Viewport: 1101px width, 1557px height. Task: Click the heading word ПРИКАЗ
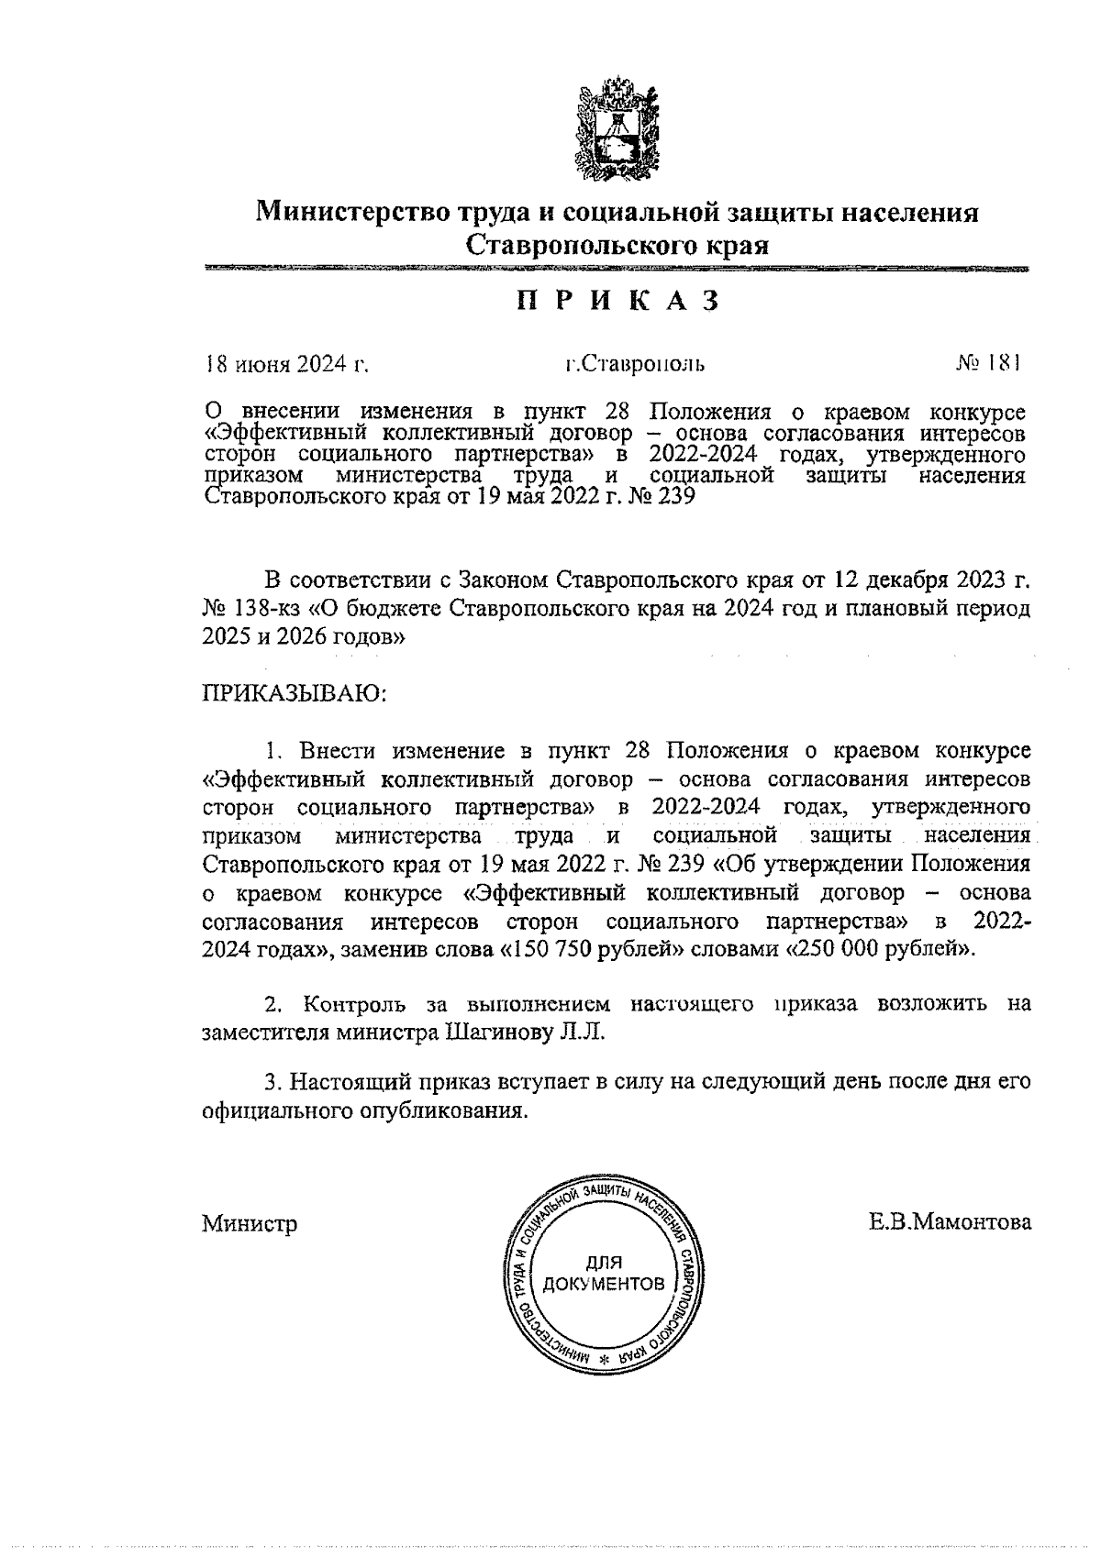(616, 301)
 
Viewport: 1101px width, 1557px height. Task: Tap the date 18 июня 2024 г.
(285, 364)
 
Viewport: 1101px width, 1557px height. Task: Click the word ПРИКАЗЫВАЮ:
(295, 693)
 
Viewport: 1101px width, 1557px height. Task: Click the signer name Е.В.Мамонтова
(951, 1222)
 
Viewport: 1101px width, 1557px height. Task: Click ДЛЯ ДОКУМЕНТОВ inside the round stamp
(603, 1273)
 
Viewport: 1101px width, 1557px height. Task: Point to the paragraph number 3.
(271, 1082)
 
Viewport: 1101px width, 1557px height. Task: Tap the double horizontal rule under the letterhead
(617, 269)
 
